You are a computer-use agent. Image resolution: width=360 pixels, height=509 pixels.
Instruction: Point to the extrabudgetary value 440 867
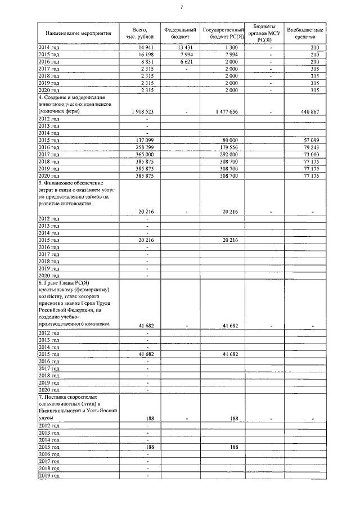[310, 111]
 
